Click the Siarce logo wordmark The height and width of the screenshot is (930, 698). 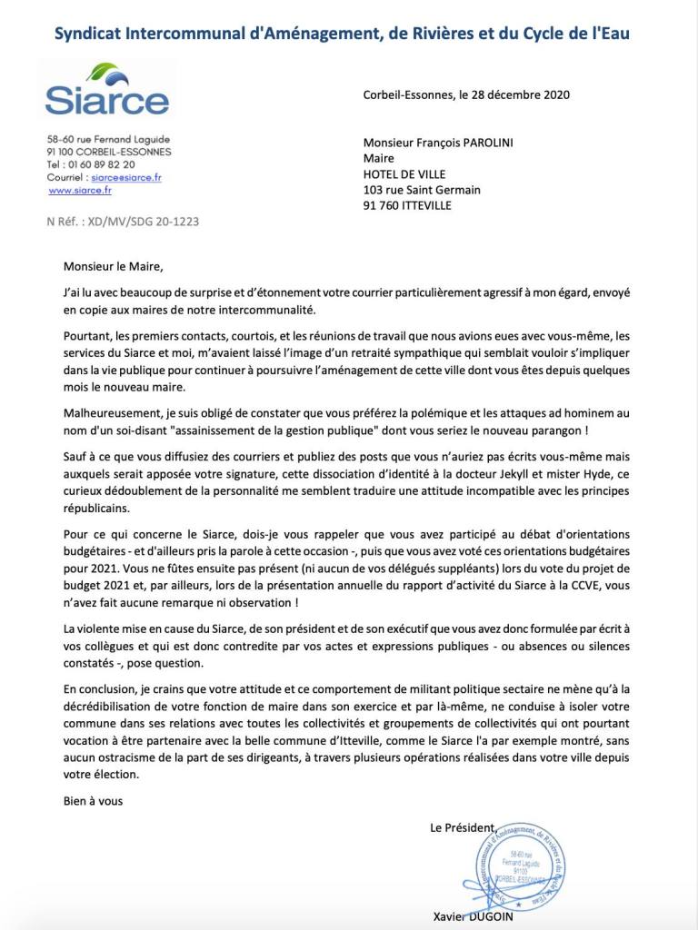click(x=106, y=101)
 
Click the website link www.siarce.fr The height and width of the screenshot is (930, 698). click(x=80, y=191)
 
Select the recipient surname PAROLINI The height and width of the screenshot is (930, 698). click(x=514, y=143)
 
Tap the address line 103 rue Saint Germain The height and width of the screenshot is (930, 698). click(x=421, y=190)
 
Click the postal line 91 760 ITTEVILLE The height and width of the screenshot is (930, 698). click(x=406, y=205)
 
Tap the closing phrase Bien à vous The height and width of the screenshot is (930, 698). click(x=93, y=801)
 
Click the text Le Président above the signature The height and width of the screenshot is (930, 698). click(x=464, y=826)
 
